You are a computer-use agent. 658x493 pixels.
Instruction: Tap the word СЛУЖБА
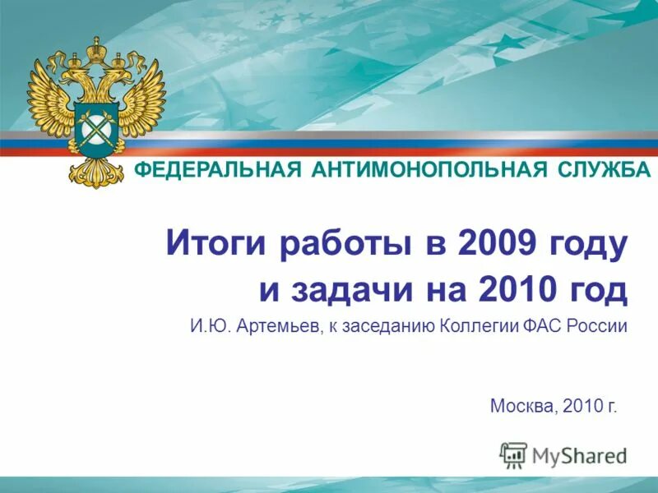point(603,171)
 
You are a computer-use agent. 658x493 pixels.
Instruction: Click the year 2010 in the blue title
point(508,289)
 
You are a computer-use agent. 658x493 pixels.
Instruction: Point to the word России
point(598,326)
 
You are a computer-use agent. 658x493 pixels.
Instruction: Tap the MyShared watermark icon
point(513,454)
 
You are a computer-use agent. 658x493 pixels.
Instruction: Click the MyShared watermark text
point(579,454)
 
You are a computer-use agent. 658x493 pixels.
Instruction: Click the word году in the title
point(587,244)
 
